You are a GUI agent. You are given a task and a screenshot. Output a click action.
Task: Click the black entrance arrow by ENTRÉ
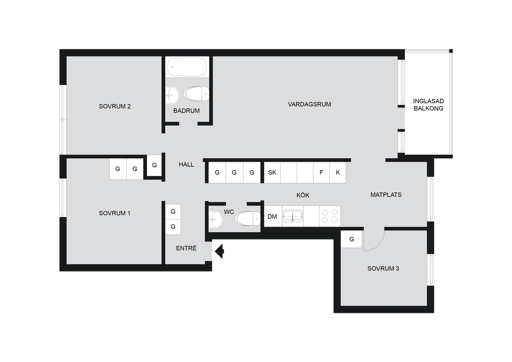pos(219,251)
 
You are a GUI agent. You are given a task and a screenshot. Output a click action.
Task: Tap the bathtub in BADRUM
pos(187,67)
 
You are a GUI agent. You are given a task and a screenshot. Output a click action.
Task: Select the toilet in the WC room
pos(247,218)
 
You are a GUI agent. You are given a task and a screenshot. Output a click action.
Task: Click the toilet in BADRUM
pos(196,94)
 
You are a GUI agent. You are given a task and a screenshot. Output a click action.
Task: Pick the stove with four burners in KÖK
pos(330,216)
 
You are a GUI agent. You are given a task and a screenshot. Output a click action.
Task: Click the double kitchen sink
pos(292,216)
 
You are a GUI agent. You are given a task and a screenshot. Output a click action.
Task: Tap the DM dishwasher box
pos(272,216)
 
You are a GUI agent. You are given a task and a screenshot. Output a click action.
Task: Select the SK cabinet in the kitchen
pos(272,172)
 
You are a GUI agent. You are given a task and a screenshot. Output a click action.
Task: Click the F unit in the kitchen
pos(321,172)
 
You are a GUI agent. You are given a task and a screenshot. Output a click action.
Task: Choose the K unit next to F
pos(337,172)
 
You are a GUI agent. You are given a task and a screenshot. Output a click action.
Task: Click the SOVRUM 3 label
pos(383,268)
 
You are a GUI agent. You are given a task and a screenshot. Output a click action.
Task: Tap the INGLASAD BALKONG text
pos(428,105)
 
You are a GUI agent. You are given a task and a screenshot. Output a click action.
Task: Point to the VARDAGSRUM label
pos(309,104)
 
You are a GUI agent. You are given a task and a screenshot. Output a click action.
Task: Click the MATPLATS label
pos(386,195)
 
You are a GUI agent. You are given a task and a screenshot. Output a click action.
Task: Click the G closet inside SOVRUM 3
pos(351,239)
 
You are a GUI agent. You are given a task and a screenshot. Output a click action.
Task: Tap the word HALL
pos(186,164)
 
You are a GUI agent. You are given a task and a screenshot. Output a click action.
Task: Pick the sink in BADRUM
pos(172,95)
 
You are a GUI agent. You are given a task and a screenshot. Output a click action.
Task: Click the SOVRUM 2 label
pos(114,106)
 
